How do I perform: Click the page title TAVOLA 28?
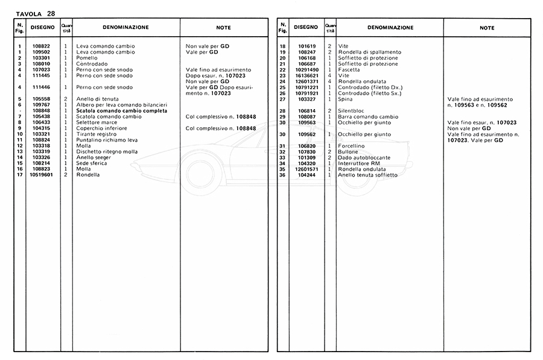[x=36, y=13]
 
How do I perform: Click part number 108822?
[x=42, y=46]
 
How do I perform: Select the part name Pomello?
[x=87, y=58]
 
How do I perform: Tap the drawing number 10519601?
[x=42, y=175]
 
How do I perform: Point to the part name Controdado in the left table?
[x=92, y=64]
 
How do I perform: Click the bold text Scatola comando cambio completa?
[x=120, y=111]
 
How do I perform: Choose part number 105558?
[x=42, y=99]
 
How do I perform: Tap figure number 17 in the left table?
[x=20, y=175]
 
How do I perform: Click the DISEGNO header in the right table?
[x=306, y=27]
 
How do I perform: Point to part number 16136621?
[x=306, y=75]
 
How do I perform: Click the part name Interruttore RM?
[x=359, y=163]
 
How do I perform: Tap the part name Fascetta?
[x=349, y=70]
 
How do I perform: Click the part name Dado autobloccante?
[x=364, y=157]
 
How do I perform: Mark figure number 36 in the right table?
[x=282, y=175]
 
